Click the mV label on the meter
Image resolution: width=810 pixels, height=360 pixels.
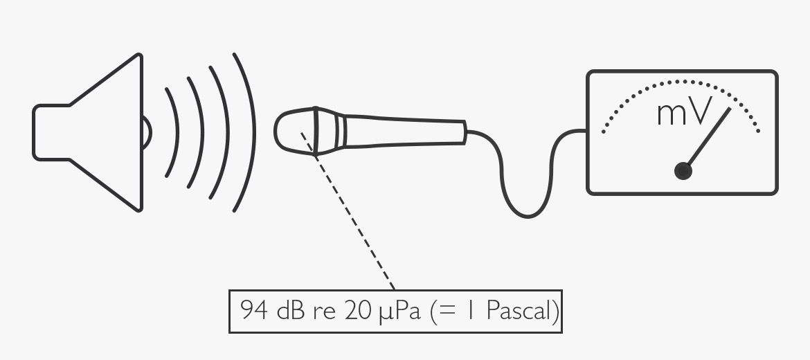[x=685, y=112]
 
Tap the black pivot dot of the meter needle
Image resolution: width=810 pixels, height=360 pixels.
[x=683, y=171]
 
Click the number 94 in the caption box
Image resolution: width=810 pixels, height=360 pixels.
[x=253, y=310]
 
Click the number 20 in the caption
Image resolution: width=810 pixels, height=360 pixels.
[x=357, y=310]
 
